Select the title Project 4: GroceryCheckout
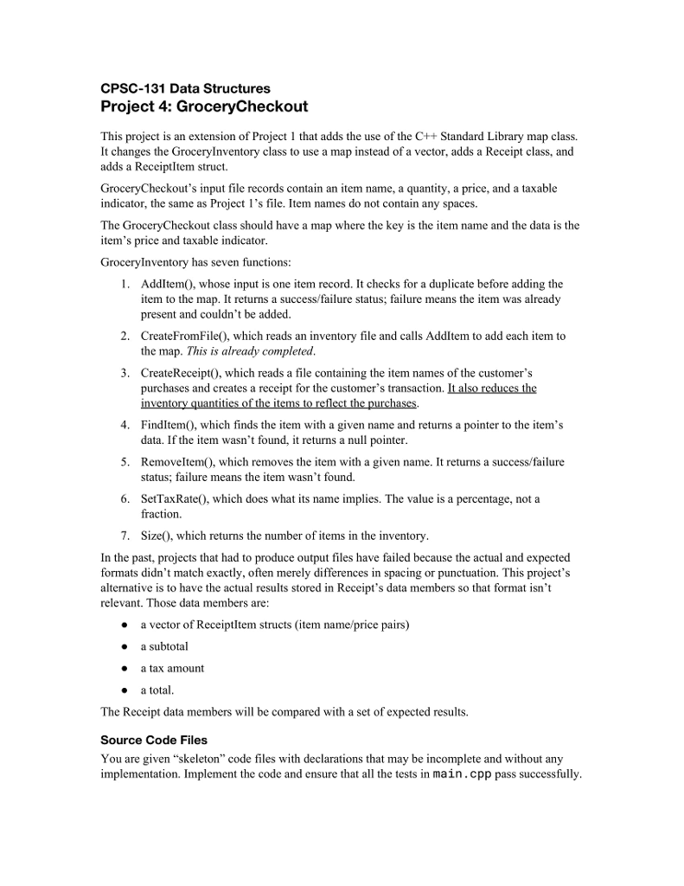[x=204, y=107]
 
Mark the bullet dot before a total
[x=125, y=690]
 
